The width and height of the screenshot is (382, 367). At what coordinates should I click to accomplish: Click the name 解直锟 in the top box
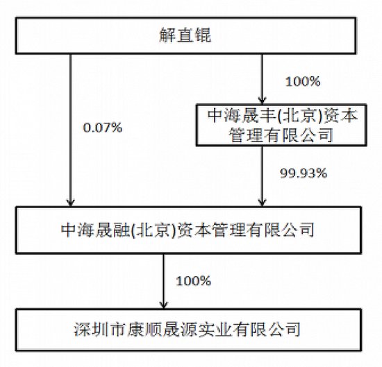185,35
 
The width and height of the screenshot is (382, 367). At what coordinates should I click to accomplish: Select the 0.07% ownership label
103,128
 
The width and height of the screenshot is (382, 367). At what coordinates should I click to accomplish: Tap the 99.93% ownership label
304,173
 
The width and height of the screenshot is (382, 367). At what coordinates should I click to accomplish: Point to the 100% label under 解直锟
303,81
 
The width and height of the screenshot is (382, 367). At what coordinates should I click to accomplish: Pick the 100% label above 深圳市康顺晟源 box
194,281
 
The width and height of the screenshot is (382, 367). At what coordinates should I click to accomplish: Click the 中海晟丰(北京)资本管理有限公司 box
281,125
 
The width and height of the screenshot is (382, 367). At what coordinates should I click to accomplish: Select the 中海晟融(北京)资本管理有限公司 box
188,230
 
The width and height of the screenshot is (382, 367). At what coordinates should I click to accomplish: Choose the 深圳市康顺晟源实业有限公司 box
188,330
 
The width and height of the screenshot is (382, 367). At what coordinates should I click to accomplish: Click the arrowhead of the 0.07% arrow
71,203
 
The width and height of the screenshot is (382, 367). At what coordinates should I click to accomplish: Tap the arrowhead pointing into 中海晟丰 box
262,100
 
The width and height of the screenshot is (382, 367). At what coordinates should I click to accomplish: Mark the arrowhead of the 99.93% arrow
262,203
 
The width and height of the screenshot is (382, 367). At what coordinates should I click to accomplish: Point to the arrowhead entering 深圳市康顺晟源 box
164,305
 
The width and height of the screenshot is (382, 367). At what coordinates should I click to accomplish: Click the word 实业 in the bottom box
215,330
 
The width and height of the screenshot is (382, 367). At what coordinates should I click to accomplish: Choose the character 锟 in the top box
203,35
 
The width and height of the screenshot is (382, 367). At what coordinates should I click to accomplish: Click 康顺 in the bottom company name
144,330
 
